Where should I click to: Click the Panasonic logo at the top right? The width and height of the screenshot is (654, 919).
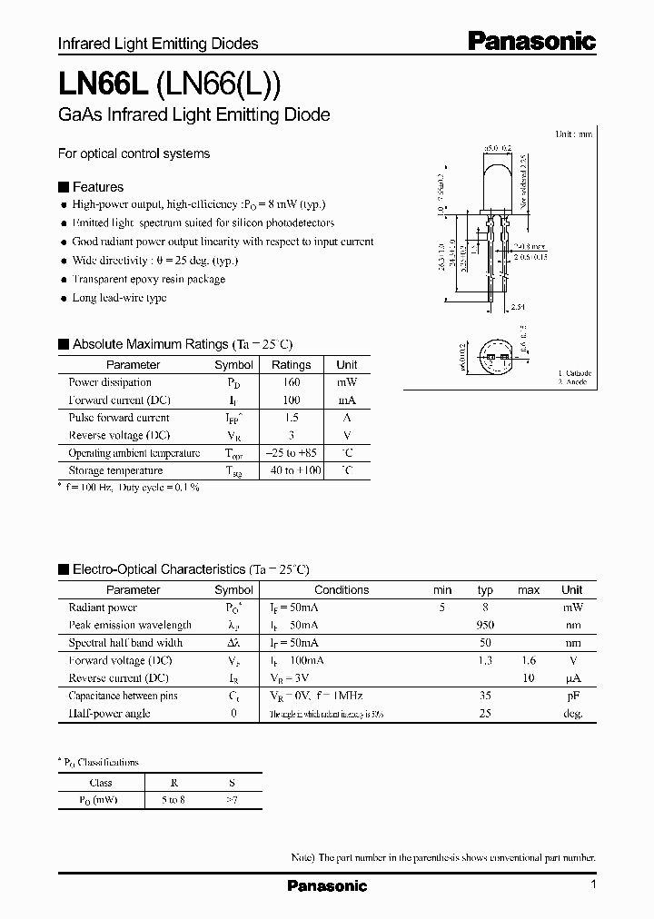(x=531, y=41)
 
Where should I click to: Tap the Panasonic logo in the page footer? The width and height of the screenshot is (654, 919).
(x=327, y=885)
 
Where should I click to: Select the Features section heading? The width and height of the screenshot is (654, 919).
(x=97, y=187)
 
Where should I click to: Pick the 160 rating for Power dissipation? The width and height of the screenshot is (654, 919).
(x=291, y=382)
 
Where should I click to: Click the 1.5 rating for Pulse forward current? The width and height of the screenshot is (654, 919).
(x=291, y=418)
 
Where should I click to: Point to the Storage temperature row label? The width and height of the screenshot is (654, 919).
(x=115, y=470)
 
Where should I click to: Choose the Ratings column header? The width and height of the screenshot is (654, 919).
(x=291, y=365)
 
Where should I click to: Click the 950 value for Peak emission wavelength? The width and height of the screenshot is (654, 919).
(x=485, y=625)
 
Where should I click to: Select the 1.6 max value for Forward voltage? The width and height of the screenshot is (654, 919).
(x=528, y=660)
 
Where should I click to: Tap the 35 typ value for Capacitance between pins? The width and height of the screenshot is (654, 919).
(x=485, y=696)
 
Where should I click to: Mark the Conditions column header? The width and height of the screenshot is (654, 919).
(x=342, y=589)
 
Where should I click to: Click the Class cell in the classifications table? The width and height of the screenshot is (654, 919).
(x=101, y=783)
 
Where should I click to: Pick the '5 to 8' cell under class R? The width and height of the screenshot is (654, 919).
(x=173, y=800)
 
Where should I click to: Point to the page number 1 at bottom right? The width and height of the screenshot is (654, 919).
(x=592, y=884)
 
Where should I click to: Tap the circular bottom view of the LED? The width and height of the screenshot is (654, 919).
(x=496, y=360)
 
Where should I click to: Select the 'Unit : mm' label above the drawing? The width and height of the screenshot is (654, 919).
(x=573, y=133)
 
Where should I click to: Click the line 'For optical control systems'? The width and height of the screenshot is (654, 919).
(x=134, y=153)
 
